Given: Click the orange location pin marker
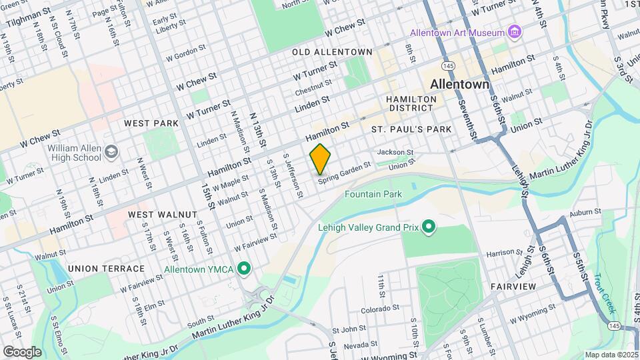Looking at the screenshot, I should coord(320,159).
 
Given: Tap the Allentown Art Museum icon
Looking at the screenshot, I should coord(514,32).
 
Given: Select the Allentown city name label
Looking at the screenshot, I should coord(460,85).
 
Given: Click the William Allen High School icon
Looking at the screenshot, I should coord(111,154).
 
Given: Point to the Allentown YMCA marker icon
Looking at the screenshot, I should coord(245,269).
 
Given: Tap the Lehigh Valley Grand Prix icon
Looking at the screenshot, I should coord(429,228).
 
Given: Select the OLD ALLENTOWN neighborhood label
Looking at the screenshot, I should coord(332,52).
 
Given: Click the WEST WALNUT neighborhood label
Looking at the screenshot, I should coord(163,215).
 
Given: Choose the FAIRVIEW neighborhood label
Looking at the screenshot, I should coord(513,286).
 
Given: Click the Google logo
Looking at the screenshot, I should coord(21,351).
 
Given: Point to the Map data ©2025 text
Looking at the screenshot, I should coord(611,355).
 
